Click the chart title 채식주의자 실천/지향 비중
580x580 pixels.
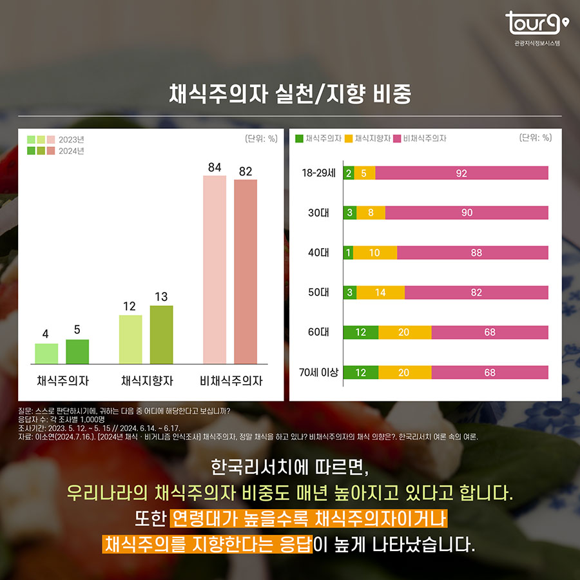tap(290, 94)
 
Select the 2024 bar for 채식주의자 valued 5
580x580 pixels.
tap(77, 352)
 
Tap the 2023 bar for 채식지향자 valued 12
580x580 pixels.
tap(131, 340)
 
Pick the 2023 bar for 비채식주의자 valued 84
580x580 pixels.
tap(215, 269)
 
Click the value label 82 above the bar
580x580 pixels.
tap(245, 171)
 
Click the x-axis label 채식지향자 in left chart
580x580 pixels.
tap(146, 381)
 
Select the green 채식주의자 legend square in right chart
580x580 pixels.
tap(299, 138)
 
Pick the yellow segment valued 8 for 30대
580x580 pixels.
tap(371, 213)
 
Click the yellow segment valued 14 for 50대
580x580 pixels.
tap(380, 293)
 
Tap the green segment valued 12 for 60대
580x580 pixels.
tap(361, 333)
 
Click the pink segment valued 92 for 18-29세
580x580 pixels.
tap(461, 173)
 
